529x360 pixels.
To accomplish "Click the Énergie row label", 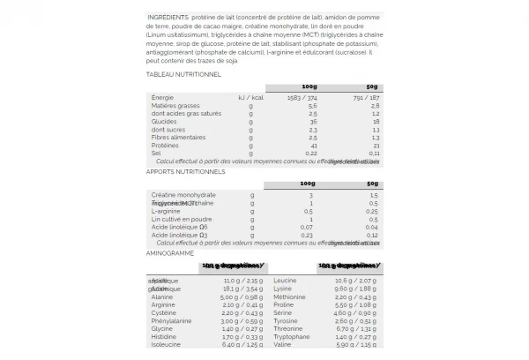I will pos(162,97).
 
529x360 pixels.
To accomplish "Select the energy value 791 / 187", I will pos(366,97).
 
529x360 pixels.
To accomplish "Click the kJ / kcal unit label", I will pos(250,97).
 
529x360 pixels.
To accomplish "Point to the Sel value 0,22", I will pos(309,153).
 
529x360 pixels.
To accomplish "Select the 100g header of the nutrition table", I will pos(309,86).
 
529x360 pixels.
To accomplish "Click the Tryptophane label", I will pos(292,336).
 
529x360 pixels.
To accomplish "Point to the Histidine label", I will pos(165,336).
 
